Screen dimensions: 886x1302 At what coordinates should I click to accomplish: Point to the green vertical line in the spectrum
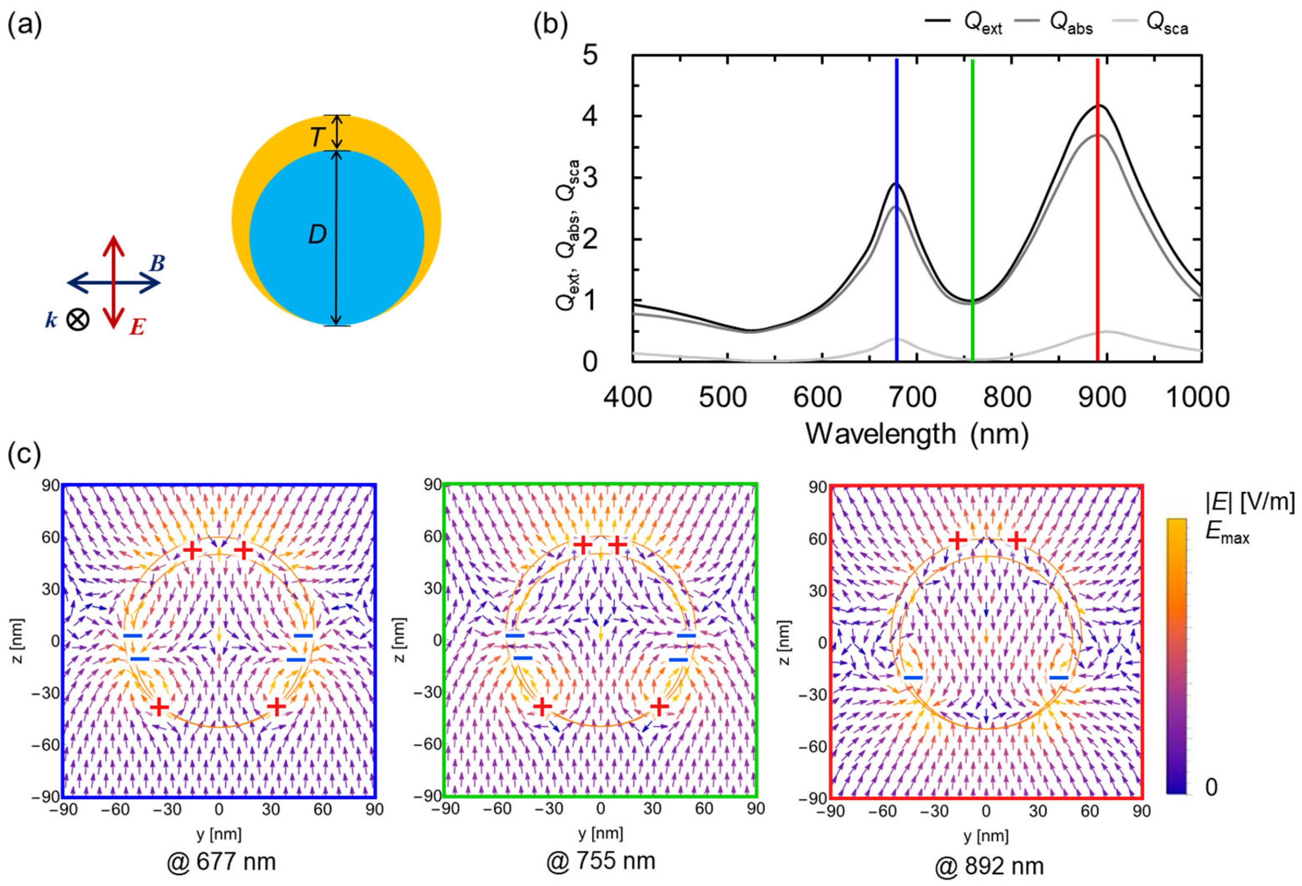[x=972, y=168]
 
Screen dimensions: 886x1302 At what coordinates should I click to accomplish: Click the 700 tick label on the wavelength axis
[x=913, y=397]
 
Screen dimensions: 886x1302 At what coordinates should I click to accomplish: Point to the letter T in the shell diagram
[x=317, y=137]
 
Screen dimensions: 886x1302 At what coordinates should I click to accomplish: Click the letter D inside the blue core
[x=317, y=235]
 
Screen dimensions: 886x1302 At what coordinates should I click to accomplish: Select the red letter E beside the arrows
[x=137, y=326]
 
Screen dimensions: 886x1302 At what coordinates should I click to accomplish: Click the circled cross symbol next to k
[x=78, y=320]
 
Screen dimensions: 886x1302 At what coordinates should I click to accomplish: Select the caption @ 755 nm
[x=601, y=861]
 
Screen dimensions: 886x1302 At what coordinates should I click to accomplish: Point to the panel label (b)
[x=551, y=26]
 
